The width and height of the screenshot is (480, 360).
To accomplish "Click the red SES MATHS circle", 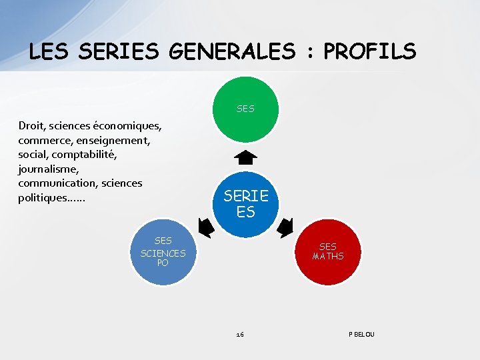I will (x=327, y=251).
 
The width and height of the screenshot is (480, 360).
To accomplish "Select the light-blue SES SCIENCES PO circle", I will (x=163, y=252).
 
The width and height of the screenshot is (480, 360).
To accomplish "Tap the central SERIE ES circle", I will (x=246, y=203).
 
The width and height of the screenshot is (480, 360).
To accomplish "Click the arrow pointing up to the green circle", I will (x=246, y=158).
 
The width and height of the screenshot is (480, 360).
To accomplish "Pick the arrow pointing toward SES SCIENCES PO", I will (x=206, y=228).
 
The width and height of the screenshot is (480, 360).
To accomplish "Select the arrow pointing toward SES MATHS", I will (x=285, y=228).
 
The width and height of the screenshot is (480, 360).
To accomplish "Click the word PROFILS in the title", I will (x=370, y=51).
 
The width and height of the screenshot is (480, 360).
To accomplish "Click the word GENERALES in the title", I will (x=231, y=51).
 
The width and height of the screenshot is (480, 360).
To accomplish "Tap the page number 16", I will (x=240, y=334).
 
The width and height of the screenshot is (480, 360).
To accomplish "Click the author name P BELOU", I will (x=361, y=334).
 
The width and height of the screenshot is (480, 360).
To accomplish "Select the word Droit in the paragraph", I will (x=32, y=125).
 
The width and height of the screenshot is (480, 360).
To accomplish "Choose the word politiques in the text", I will (x=42, y=198).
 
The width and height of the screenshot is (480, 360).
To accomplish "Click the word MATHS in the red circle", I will (x=328, y=257).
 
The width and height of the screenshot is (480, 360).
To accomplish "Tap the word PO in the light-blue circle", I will (x=163, y=263).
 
